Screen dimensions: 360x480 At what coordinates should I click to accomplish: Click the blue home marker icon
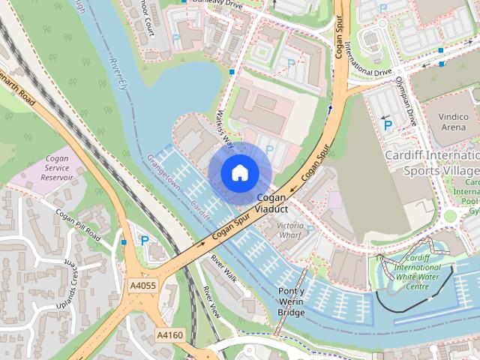pyautogui.click(x=238, y=173)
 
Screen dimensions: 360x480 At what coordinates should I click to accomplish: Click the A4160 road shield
pyautogui.click(x=169, y=334)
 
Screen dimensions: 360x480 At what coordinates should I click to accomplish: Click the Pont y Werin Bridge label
pyautogui.click(x=291, y=301)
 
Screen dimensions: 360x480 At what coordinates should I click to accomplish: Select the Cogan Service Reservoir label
pyautogui.click(x=57, y=169)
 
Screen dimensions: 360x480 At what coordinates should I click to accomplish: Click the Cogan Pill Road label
pyautogui.click(x=77, y=224)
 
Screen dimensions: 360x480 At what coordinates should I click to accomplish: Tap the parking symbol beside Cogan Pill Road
pyautogui.click(x=144, y=241)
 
